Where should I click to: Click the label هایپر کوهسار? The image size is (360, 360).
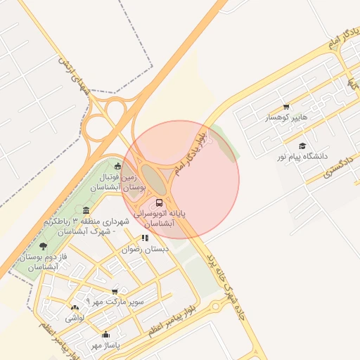[286, 118]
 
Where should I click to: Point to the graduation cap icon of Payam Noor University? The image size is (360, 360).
[302, 146]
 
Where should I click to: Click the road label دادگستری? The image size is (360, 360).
[338, 165]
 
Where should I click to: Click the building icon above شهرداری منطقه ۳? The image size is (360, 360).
[86, 210]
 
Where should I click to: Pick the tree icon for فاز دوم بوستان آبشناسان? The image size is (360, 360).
[44, 246]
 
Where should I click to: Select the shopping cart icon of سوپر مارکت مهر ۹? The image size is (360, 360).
[115, 290]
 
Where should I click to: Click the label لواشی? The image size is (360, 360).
[75, 318]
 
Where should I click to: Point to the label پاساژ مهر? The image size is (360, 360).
[106, 345]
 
